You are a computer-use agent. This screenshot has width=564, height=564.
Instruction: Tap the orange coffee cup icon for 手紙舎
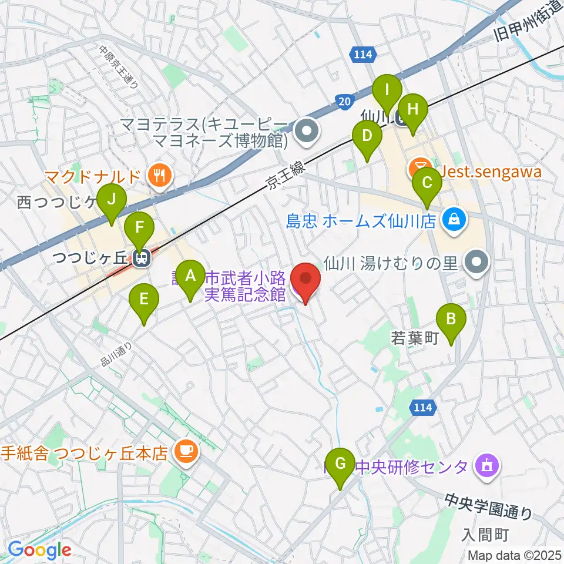pyautogui.click(x=187, y=451)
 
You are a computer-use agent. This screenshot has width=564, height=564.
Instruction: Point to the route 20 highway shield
pyautogui.click(x=345, y=102)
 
